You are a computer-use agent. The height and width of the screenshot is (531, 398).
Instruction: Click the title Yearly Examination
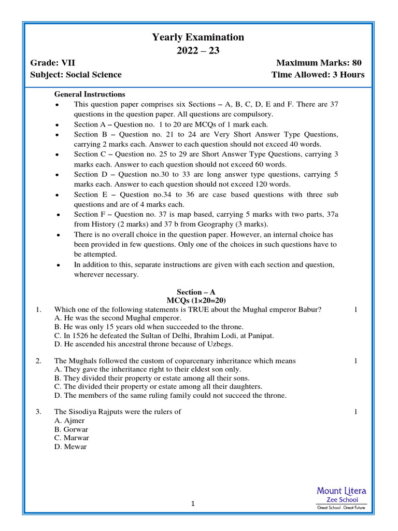[x=198, y=37]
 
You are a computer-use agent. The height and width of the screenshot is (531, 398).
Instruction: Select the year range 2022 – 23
[x=198, y=51]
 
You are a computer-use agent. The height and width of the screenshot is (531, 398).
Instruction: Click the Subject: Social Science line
[x=76, y=75]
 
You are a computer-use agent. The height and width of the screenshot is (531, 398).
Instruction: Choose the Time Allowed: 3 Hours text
[x=318, y=75]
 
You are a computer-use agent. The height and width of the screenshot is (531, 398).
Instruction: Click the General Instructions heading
[x=90, y=94]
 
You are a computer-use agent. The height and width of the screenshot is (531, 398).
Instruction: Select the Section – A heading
[x=196, y=292]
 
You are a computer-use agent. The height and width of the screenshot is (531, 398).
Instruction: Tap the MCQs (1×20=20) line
[x=196, y=301]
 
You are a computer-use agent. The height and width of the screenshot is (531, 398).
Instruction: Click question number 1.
[x=38, y=310]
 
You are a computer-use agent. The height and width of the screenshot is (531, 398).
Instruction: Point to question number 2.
[x=38, y=361]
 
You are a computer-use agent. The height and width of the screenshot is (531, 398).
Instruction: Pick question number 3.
[x=38, y=412]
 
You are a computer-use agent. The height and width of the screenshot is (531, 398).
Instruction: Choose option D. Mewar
[x=70, y=447]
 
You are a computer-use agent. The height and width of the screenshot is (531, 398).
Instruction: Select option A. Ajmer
[x=69, y=421]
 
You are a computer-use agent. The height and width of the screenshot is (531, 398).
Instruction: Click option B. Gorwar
[x=71, y=430]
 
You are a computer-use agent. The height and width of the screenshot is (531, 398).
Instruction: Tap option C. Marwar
[x=72, y=438]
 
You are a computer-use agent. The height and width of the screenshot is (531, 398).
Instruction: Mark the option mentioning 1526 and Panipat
[x=164, y=336]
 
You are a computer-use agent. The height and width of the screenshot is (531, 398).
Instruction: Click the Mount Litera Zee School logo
[x=342, y=498]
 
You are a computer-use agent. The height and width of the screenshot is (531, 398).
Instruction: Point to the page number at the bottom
[x=192, y=504]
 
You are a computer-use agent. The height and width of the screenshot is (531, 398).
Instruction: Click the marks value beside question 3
[x=356, y=412]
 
